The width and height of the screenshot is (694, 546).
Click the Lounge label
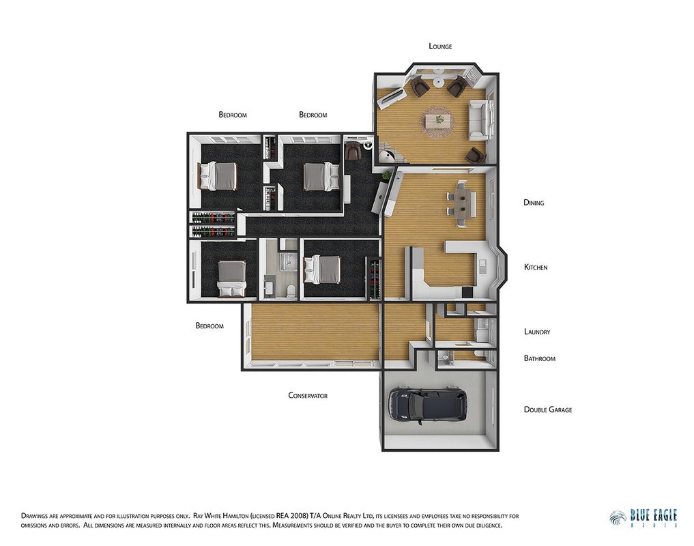[440, 46]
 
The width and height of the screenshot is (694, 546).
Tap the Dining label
[534, 203]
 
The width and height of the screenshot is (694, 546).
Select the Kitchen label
[536, 267]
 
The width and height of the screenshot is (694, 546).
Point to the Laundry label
[537, 332]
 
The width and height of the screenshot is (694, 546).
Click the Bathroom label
[540, 358]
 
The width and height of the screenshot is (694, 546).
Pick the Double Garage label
[548, 409]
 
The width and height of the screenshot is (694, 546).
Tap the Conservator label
[308, 395]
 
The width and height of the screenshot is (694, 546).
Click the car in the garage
[428, 405]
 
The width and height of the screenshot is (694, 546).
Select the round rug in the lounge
[439, 121]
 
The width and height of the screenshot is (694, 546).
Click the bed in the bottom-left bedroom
[231, 278]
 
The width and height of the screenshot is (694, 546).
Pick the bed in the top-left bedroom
[218, 176]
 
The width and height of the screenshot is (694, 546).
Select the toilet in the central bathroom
[291, 291]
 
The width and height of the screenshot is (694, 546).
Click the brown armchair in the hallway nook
[353, 150]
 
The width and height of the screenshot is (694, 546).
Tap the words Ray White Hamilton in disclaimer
[220, 516]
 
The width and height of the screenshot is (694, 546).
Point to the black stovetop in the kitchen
[467, 292]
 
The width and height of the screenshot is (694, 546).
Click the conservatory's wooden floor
[315, 332]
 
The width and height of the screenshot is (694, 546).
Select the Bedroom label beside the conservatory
[209, 326]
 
